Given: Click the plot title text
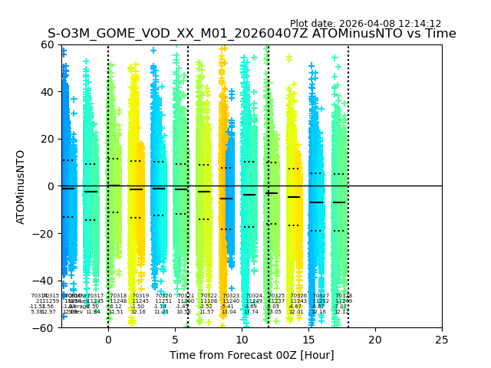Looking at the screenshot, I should pos(252,34).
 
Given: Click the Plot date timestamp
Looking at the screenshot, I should pos(365,24).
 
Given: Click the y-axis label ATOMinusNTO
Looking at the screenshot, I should pos(21,186).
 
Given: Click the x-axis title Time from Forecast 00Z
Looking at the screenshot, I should pos(252,355).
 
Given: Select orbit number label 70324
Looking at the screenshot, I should pos(254,296).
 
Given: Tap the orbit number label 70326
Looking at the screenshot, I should pos(298,296).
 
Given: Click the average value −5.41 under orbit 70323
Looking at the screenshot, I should pos(228,307).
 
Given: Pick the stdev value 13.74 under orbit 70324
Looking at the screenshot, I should pos(251,312).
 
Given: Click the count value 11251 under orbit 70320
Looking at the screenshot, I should pos(163,301).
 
